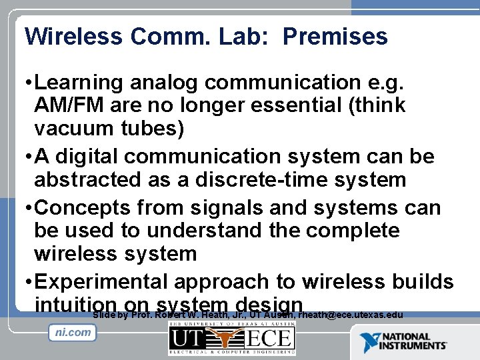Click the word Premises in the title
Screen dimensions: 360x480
coord(335,36)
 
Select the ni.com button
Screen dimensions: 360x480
coord(72,333)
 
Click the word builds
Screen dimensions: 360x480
coord(423,282)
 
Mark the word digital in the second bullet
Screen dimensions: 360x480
coord(83,157)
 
